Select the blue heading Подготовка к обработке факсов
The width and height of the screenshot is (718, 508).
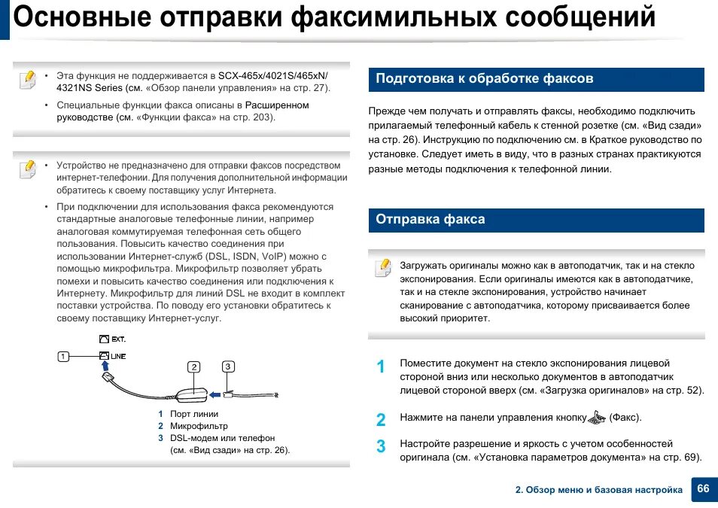pyautogui.click(x=485, y=79)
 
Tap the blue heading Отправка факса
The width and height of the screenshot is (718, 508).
pyautogui.click(x=430, y=220)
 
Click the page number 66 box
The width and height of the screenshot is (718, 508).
pyautogui.click(x=703, y=489)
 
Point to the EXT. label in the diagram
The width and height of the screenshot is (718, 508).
pyautogui.click(x=118, y=339)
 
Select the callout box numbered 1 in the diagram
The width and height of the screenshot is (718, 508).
pyautogui.click(x=64, y=356)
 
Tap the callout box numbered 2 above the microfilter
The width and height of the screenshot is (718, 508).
pyautogui.click(x=194, y=367)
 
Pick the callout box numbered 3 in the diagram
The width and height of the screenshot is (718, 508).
pyautogui.click(x=228, y=367)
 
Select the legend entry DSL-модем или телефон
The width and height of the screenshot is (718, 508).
pyautogui.click(x=222, y=438)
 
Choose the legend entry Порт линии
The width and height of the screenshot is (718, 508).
pyautogui.click(x=194, y=414)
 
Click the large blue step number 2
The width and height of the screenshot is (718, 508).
pyautogui.click(x=381, y=420)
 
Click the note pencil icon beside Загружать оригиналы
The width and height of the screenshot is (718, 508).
pyautogui.click(x=383, y=268)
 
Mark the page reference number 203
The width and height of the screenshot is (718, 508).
pyautogui.click(x=264, y=117)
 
